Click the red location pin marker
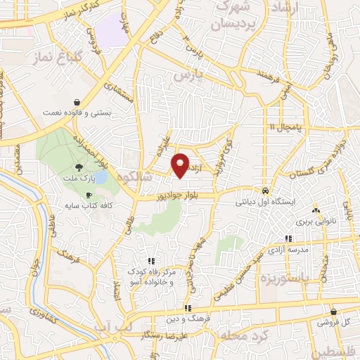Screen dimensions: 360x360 (x=181, y=165)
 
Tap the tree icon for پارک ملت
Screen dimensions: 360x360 (x=79, y=167)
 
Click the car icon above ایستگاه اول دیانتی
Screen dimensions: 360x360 (x=264, y=191)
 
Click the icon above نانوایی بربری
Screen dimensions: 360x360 (x=315, y=210)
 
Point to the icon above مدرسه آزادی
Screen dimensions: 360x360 (x=288, y=240)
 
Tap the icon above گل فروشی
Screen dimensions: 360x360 (x=333, y=311)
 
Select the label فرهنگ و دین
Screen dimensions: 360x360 (x=187, y=319)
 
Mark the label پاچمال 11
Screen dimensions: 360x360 (x=283, y=127)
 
